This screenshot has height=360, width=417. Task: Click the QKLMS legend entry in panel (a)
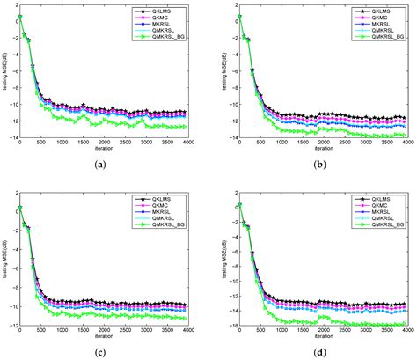[164, 14]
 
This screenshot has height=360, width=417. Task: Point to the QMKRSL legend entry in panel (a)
[165, 33]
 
